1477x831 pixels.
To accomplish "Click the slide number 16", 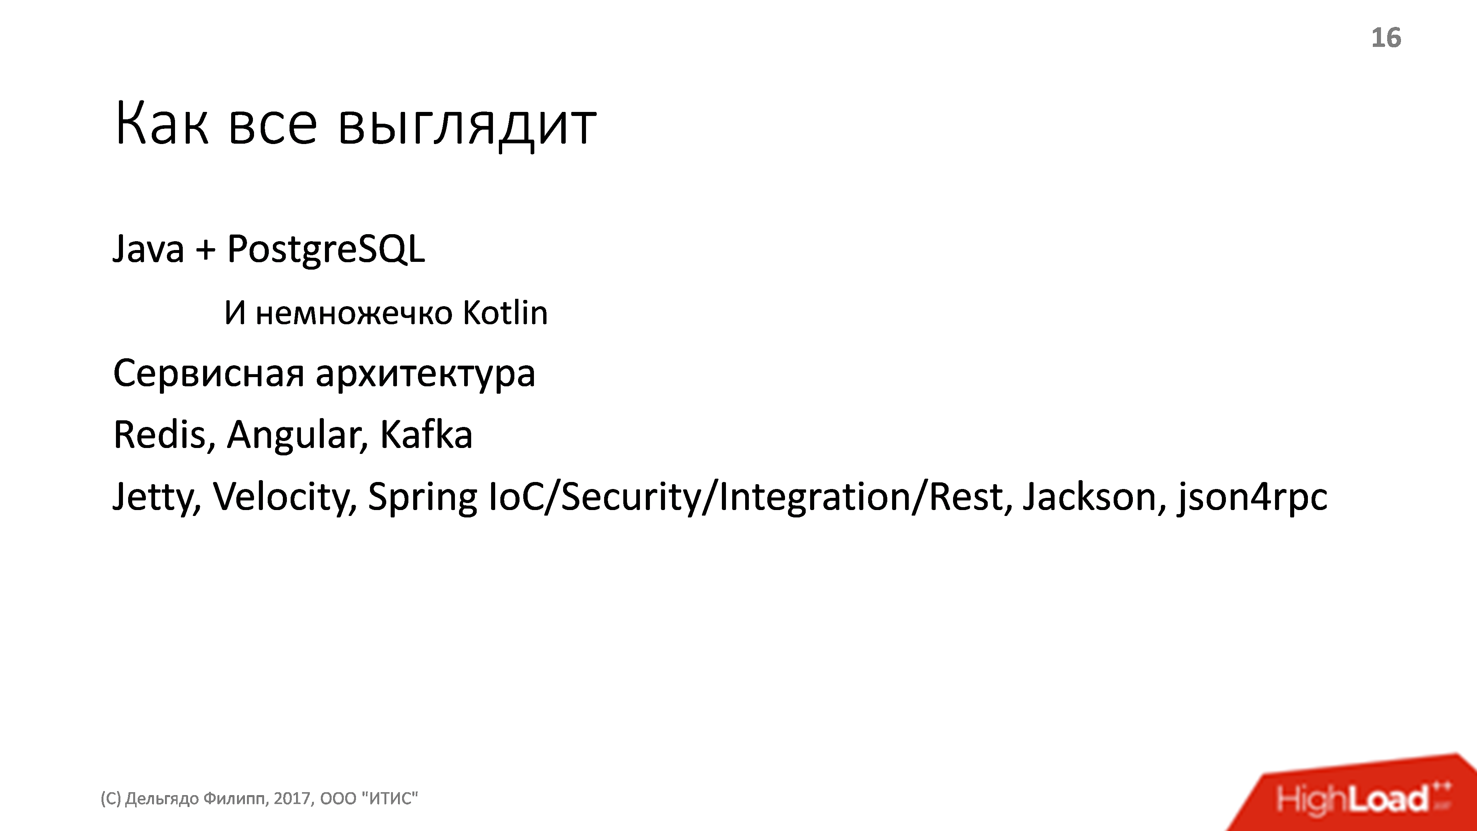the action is coord(1386,38).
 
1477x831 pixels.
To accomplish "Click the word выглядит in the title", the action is coord(467,125).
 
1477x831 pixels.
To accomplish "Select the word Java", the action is coord(148,249).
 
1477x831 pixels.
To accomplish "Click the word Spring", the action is coord(422,497).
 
